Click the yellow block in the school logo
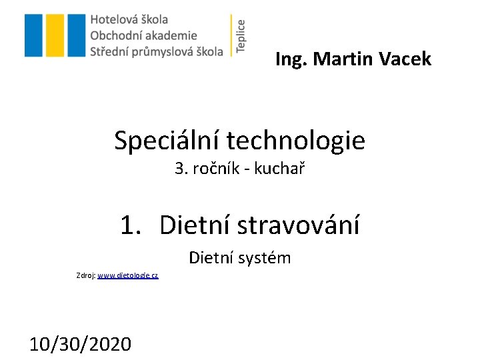point(55,35)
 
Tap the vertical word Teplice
point(241,35)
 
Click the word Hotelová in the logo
point(111,20)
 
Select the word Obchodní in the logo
point(114,35)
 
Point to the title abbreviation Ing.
point(291,60)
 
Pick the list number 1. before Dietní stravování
point(131,225)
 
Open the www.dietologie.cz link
point(128,275)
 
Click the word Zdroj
point(85,275)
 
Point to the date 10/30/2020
point(81,344)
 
